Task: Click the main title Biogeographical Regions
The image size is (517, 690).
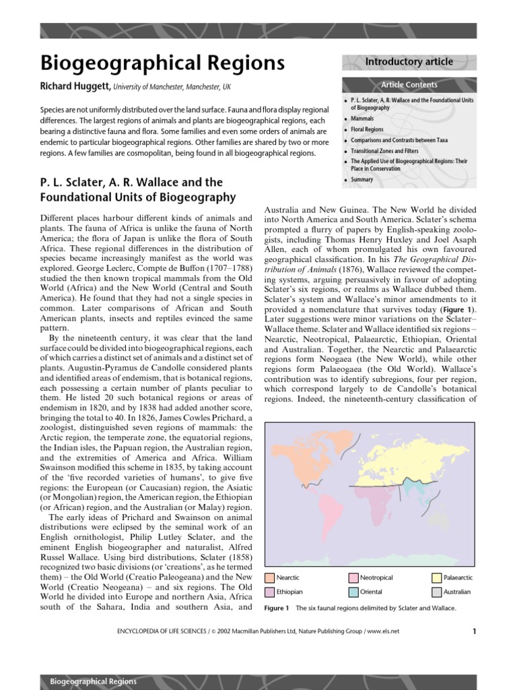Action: [162, 63]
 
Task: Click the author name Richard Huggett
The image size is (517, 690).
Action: [75, 87]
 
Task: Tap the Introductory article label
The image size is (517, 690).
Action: [409, 62]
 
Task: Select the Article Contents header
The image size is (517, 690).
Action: [409, 85]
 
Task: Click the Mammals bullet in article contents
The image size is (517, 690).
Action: [362, 118]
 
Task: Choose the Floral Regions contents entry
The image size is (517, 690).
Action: [367, 129]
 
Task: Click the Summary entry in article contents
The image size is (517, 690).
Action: [361, 180]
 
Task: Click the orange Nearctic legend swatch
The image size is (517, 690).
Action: [271, 577]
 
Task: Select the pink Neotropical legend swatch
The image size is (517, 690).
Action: [353, 577]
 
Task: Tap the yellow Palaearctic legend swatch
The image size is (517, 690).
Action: [437, 577]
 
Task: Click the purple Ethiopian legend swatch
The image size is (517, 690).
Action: [271, 592]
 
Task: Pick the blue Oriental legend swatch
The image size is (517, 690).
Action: [353, 592]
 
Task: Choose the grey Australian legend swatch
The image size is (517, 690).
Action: [437, 592]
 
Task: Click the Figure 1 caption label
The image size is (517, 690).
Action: [277, 608]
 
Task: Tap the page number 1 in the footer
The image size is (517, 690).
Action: [474, 631]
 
